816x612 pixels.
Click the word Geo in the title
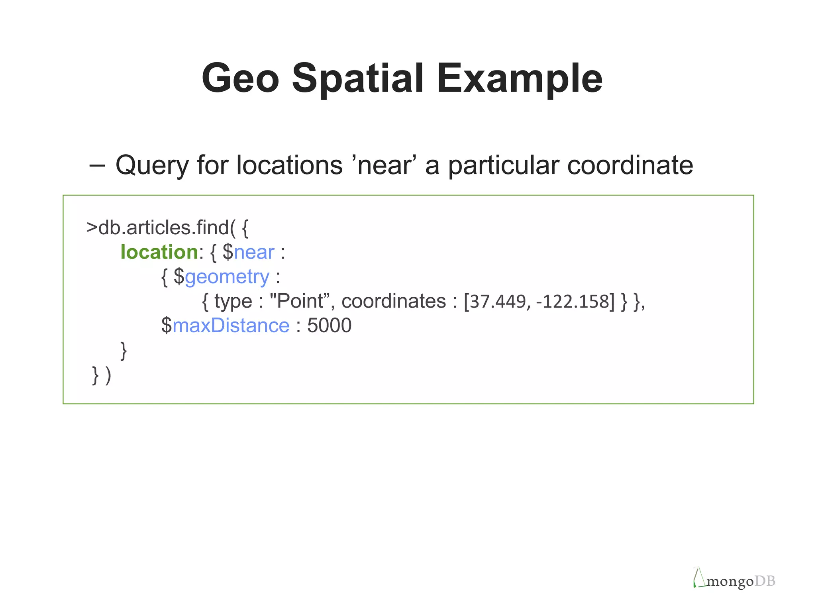pos(240,78)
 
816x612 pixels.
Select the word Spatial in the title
pos(357,79)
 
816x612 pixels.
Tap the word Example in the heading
pos(520,79)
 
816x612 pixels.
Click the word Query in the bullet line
pos(152,165)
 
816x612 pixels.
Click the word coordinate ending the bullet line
pos(630,165)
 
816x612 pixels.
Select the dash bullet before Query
pos(97,165)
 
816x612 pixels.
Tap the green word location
pos(159,252)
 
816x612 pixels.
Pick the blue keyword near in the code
pos(254,252)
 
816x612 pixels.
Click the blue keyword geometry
pos(227,277)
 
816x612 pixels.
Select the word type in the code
pos(233,301)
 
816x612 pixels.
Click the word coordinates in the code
pos(394,301)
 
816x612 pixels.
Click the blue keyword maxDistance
pos(231,326)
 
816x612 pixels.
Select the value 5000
pos(329,326)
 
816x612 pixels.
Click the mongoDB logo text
pos(741,581)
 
